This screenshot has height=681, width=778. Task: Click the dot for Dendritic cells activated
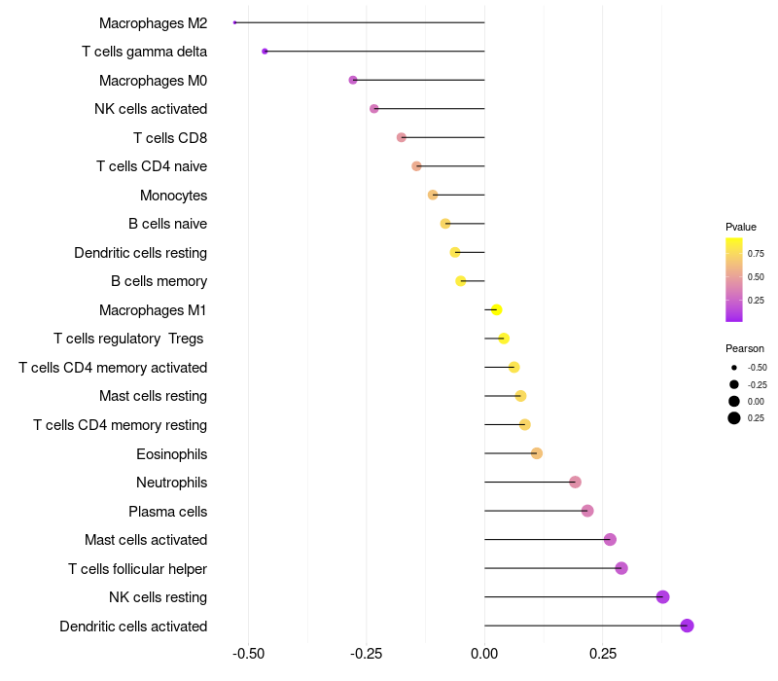coord(687,626)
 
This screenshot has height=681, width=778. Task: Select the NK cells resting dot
coord(663,597)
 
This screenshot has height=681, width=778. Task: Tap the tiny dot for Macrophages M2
coord(235,22)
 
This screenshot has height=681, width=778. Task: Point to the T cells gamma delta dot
coord(265,51)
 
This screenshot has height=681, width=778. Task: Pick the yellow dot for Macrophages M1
coord(496,309)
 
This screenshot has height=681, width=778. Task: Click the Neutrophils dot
coord(575,483)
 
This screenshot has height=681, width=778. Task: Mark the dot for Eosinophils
coord(537,453)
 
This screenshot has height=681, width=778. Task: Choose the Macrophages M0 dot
coord(353,80)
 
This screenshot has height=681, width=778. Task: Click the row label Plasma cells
coord(167,511)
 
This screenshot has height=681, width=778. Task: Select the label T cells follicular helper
coord(137,568)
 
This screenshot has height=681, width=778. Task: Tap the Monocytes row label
coord(173,195)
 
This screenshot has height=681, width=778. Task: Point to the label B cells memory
coord(159,281)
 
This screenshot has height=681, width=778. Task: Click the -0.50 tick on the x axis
coord(248,654)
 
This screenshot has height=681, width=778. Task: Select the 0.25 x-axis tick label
coord(602,654)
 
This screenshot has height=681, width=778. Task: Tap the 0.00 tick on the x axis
coord(484,654)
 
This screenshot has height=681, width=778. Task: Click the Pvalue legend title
coord(741,227)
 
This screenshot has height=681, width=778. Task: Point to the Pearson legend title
coord(745,348)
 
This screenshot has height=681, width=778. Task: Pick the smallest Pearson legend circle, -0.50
coord(734,368)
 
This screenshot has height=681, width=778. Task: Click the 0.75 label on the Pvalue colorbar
coord(756,253)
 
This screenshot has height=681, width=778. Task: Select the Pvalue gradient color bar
coord(734,279)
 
